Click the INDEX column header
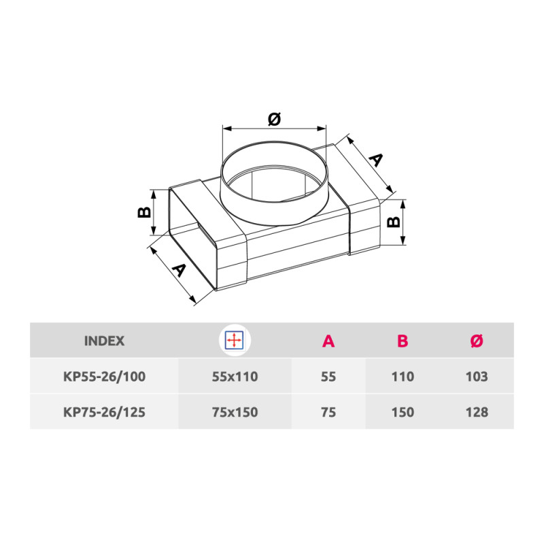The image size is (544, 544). tap(104, 341)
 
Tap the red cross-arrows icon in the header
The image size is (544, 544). tap(235, 341)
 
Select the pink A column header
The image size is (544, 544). tap(328, 341)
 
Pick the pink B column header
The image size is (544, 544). tap(402, 341)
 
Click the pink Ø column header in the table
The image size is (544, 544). tap(476, 341)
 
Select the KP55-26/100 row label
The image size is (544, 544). tap(104, 376)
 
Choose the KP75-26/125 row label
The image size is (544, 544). tap(104, 411)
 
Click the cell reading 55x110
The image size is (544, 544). tap(235, 376)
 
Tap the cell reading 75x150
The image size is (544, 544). tap(235, 411)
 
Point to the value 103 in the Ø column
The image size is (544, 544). tap(477, 376)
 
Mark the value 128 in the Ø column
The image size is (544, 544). tap(477, 411)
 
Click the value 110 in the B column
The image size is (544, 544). tap(403, 376)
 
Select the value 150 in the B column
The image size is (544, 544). tap(403, 411)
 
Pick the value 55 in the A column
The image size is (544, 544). tap(328, 376)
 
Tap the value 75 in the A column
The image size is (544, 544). tap(328, 411)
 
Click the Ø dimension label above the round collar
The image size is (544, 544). tap(274, 119)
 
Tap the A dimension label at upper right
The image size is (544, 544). tap(375, 161)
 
